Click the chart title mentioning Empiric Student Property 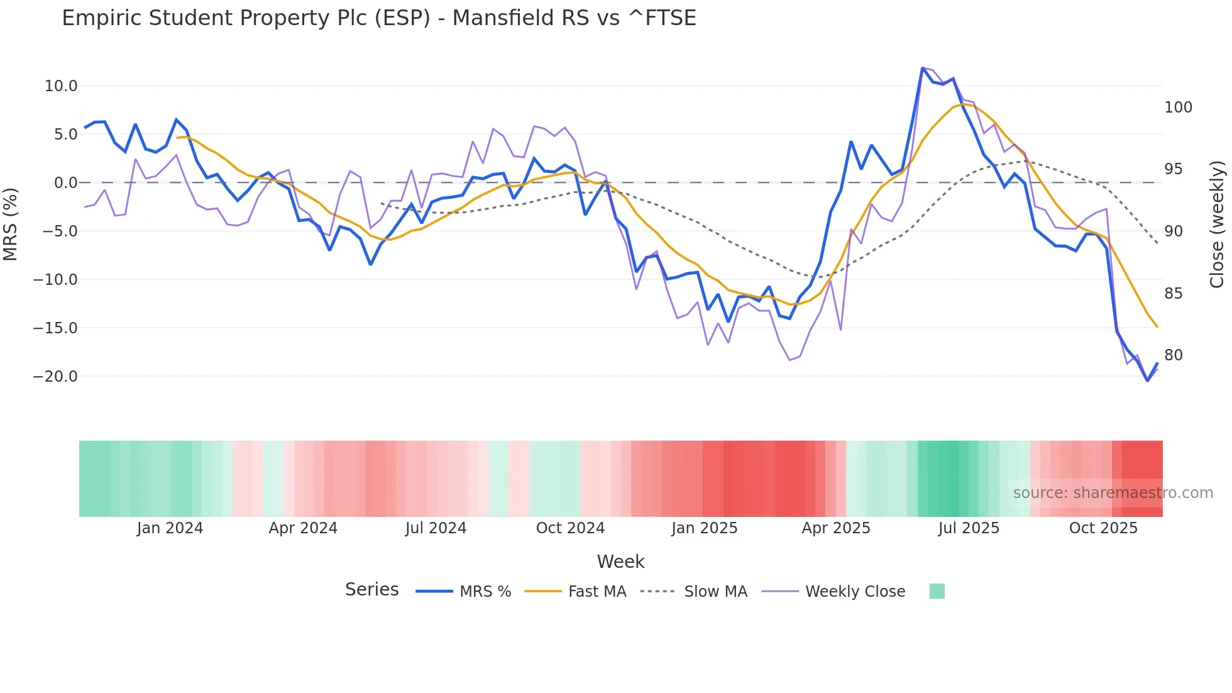pyautogui.click(x=378, y=18)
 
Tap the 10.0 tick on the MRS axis pyautogui.click(x=60, y=86)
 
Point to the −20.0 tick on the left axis pyautogui.click(x=55, y=377)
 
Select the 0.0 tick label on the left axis pyautogui.click(x=65, y=183)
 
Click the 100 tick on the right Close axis pyautogui.click(x=1178, y=108)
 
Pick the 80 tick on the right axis pyautogui.click(x=1174, y=355)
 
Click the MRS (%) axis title pyautogui.click(x=10, y=224)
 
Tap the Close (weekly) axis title pyautogui.click(x=1217, y=224)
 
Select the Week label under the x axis pyautogui.click(x=620, y=562)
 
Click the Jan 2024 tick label pyautogui.click(x=170, y=528)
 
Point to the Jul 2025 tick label pyautogui.click(x=969, y=528)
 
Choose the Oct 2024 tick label pyautogui.click(x=570, y=528)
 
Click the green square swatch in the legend pyautogui.click(x=937, y=591)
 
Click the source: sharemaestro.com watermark pyautogui.click(x=1113, y=493)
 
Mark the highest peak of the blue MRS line pyautogui.click(x=923, y=68)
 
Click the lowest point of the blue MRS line pyautogui.click(x=1147, y=380)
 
